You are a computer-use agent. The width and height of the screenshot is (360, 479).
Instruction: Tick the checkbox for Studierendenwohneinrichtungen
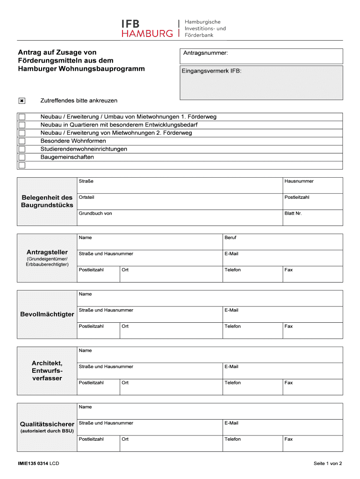pos(22,149)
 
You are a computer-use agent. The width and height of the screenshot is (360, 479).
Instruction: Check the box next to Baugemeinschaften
pos(22,157)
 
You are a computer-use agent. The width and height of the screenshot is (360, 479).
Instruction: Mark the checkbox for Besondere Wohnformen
pos(22,141)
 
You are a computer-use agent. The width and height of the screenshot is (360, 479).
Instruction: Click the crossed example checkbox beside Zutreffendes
pos(22,101)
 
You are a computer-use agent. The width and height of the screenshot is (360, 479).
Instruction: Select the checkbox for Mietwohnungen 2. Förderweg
pos(22,133)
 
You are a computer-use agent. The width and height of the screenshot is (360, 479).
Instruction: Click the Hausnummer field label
pos(299,181)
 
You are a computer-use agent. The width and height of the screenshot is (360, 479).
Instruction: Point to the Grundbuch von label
pos(95,213)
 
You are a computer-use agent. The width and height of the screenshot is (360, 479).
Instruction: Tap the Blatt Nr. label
pos(293,213)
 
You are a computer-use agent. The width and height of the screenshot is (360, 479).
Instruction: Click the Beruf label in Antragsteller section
pos(230,238)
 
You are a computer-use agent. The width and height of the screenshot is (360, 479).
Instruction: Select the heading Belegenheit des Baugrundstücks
pos(47,201)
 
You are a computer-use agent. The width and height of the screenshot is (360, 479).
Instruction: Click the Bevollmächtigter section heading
pos(47,314)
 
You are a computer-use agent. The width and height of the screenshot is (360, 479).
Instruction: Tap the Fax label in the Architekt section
pos(288,383)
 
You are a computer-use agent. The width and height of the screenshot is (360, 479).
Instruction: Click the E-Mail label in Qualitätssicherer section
pos(231,423)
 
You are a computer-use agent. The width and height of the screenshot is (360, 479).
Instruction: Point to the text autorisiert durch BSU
pos(47,431)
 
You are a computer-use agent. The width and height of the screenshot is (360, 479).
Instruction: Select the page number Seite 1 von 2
pos(328,464)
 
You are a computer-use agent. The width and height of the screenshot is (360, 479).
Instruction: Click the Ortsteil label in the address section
pos(86,197)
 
